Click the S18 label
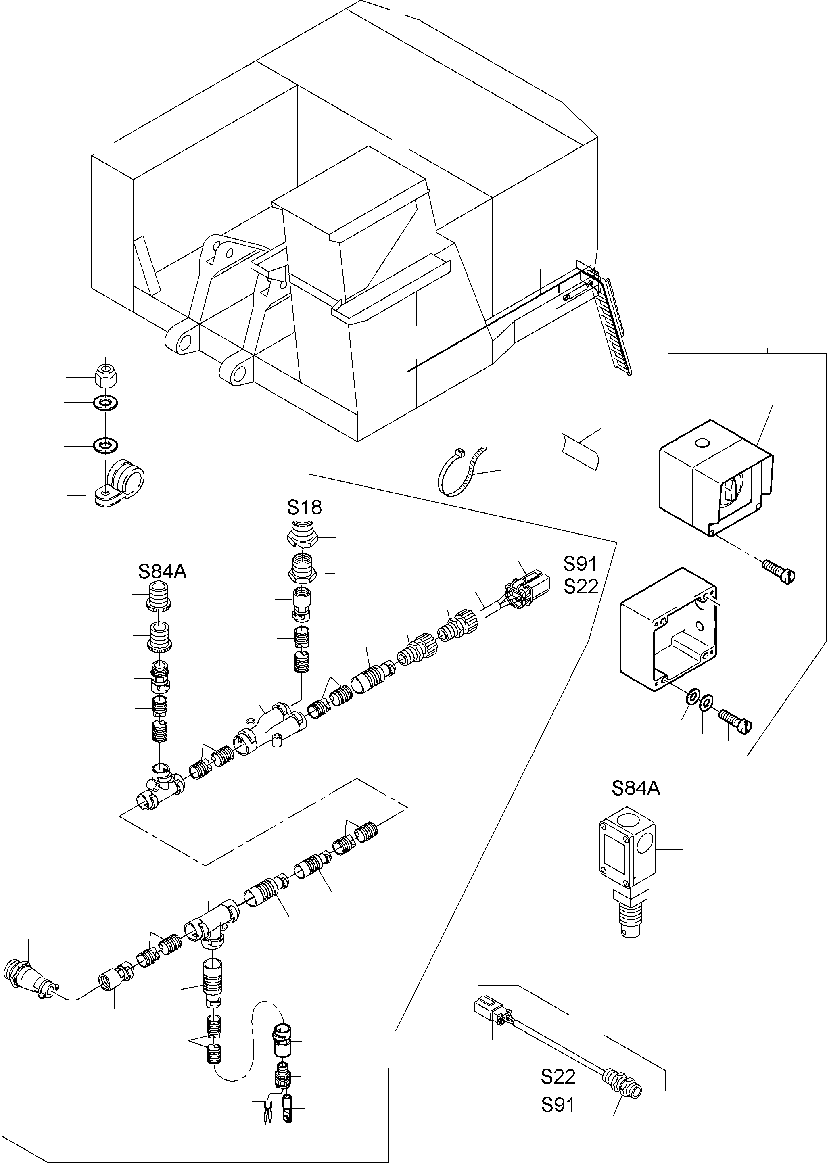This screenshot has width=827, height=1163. click(304, 507)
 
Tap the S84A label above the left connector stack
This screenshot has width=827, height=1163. click(163, 572)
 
